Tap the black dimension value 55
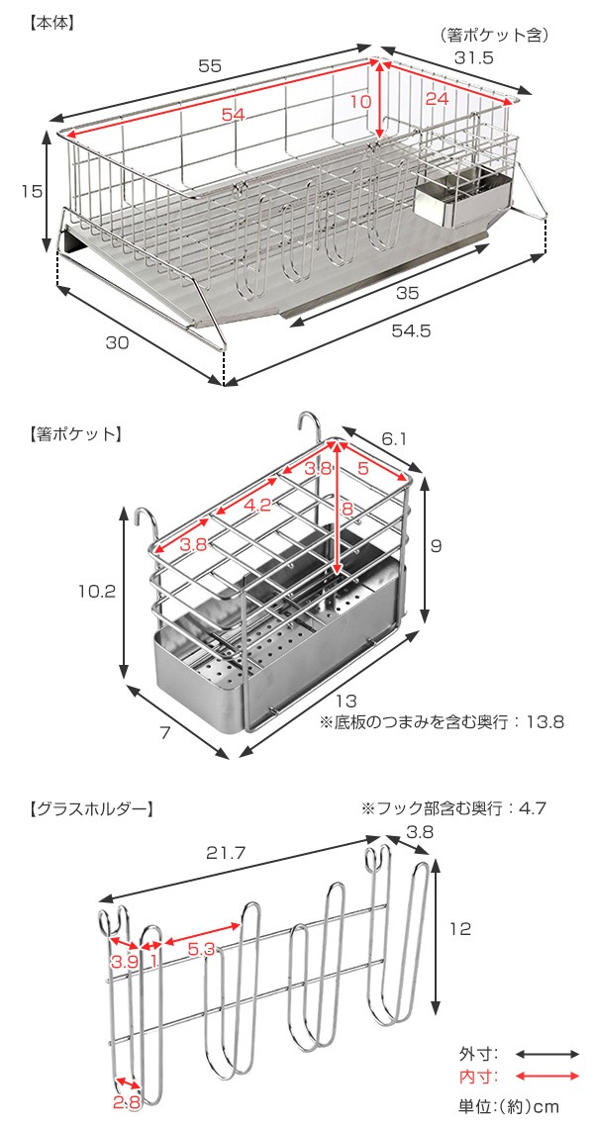209,65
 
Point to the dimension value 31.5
474,58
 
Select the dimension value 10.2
98,592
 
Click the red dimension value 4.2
256,504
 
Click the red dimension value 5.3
201,948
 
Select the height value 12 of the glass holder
459,929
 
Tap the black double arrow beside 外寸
546,1054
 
